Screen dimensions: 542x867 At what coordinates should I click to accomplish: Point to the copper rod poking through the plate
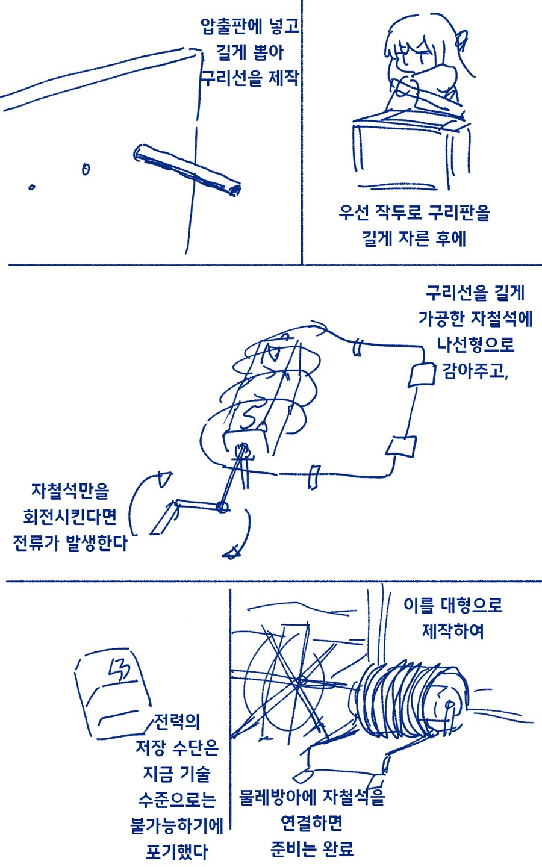(187, 170)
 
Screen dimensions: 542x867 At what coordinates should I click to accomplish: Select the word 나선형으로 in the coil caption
(475, 344)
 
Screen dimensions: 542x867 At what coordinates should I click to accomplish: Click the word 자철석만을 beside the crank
(70, 491)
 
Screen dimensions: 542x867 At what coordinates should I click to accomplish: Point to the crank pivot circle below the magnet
(222, 507)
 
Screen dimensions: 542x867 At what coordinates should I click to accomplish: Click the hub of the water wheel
(301, 680)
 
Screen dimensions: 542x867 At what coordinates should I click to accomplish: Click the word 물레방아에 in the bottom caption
(278, 797)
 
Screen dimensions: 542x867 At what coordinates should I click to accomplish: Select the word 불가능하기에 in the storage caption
(177, 826)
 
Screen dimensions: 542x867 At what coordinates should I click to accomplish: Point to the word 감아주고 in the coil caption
(475, 370)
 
